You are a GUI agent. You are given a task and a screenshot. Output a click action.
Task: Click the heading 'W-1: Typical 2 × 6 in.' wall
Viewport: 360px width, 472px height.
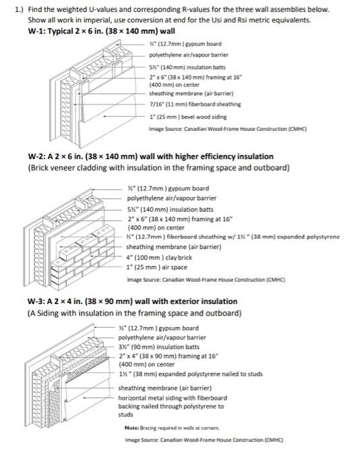coord(101,31)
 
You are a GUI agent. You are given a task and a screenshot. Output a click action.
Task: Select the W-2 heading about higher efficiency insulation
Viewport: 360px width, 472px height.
coord(150,156)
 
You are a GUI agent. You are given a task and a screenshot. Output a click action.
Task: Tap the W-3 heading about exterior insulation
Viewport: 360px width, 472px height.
coord(132,301)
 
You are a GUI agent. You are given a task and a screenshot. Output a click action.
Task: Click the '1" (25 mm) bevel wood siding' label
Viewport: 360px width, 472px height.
coord(188,117)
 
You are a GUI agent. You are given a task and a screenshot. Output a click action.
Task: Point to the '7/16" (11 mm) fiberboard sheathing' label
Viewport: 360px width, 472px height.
coord(195,104)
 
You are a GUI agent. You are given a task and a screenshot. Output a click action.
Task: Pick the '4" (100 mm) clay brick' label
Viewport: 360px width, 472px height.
coord(159,258)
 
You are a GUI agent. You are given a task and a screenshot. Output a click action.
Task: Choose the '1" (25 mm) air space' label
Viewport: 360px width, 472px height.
coord(156,267)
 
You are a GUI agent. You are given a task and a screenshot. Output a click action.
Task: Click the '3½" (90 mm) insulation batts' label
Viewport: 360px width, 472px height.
coord(159,347)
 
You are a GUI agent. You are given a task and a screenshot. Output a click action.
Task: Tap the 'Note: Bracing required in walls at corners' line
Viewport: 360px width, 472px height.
coord(172,427)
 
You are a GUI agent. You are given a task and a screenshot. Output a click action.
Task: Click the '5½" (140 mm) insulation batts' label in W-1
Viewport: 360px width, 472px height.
coord(187,67)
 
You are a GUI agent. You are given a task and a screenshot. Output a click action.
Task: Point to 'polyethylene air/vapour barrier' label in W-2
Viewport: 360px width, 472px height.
coord(171,198)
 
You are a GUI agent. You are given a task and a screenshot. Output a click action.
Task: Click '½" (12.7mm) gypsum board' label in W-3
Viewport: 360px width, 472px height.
coord(158,328)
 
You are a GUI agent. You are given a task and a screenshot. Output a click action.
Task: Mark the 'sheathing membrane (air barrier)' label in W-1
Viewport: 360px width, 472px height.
coord(191,94)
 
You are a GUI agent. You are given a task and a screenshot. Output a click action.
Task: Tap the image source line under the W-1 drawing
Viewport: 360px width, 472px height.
coord(228,129)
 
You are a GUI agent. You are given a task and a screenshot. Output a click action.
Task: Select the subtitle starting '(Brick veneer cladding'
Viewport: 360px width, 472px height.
coord(158,168)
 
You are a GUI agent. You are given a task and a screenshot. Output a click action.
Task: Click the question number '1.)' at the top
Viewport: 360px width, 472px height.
coord(19,9)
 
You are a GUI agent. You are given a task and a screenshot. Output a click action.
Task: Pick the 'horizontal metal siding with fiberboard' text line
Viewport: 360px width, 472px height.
coord(173,398)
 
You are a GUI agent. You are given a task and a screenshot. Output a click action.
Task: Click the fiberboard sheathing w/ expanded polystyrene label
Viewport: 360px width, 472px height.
coord(233,237)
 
